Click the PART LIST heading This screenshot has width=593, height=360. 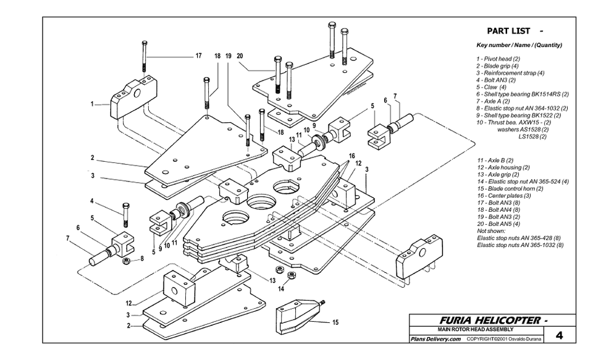click(508, 31)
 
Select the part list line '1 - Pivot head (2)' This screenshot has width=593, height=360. click(498, 59)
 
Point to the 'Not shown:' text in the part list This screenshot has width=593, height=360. click(491, 231)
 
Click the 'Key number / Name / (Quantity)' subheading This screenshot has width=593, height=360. click(519, 45)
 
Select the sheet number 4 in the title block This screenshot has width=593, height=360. click(560, 335)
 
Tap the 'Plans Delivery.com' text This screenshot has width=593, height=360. click(435, 339)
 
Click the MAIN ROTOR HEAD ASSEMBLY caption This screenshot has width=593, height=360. click(476, 329)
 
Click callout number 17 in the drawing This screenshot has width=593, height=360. click(198, 56)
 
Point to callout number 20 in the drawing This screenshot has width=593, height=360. click(240, 56)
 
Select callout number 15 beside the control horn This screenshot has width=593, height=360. click(335, 322)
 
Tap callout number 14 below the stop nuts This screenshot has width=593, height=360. click(281, 289)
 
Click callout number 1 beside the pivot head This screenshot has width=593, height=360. click(92, 104)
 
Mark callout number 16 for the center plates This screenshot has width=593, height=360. click(352, 156)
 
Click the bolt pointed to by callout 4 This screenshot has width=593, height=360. click(126, 214)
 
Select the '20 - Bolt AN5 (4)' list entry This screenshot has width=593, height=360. click(498, 224)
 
